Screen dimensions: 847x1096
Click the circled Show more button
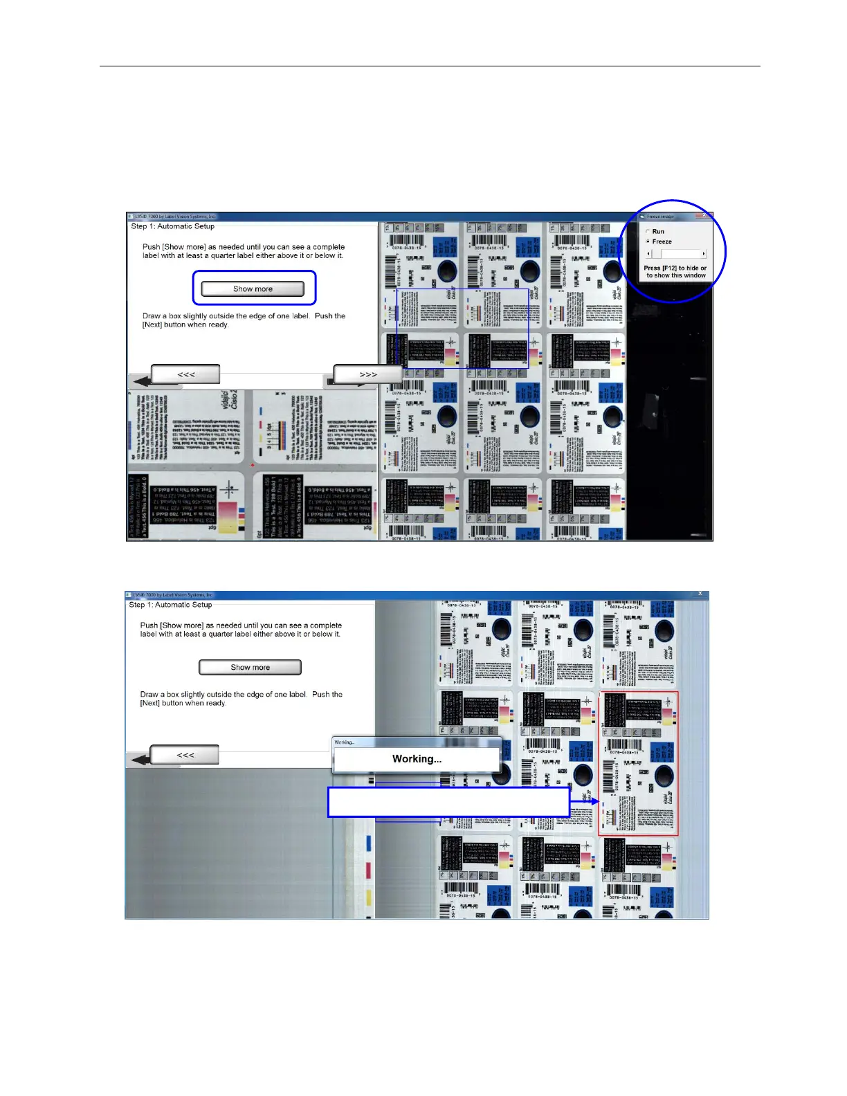click(x=253, y=289)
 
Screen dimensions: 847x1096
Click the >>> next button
click(x=367, y=374)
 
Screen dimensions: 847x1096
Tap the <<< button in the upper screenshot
click(x=185, y=374)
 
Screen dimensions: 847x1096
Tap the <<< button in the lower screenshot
click(x=185, y=755)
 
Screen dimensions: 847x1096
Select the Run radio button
click(x=648, y=232)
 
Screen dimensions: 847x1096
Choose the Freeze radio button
click(x=648, y=241)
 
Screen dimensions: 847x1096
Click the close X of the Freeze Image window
click(x=705, y=217)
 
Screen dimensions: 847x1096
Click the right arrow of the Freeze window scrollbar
click(x=704, y=254)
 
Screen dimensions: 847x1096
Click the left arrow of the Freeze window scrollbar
click(x=648, y=254)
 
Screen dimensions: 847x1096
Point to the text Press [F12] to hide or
click(x=675, y=268)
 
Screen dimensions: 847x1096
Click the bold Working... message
click(x=417, y=759)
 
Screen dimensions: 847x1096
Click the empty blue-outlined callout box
click(x=448, y=802)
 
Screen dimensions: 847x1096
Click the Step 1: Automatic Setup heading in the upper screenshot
click(x=173, y=226)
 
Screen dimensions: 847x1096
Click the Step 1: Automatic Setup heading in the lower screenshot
click(x=170, y=605)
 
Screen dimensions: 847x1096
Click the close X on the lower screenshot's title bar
click(x=700, y=594)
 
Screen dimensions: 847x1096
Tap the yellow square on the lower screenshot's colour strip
click(x=368, y=897)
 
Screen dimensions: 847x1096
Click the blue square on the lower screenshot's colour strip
click(x=368, y=842)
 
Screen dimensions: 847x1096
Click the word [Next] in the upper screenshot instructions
click(x=152, y=325)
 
